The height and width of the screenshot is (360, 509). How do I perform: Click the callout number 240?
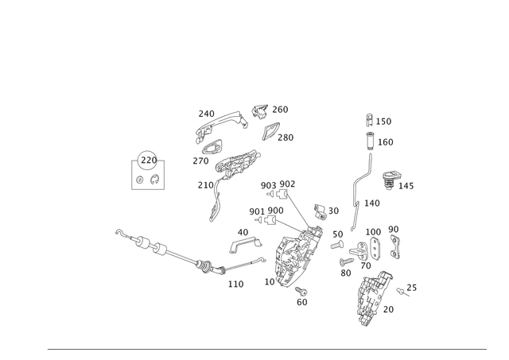click(x=207, y=114)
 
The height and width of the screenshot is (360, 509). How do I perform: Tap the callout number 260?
click(x=280, y=110)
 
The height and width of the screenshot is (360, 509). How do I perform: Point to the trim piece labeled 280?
click(x=270, y=131)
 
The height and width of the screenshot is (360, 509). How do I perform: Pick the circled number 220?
click(x=149, y=161)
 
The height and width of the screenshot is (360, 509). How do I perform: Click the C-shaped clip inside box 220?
click(x=155, y=180)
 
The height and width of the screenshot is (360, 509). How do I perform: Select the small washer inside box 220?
click(x=140, y=180)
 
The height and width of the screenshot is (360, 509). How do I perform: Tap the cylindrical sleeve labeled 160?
click(x=370, y=141)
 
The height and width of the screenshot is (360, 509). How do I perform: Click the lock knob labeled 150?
click(x=369, y=120)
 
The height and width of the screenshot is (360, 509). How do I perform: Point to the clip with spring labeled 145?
click(x=391, y=180)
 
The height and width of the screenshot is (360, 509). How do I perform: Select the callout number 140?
click(x=372, y=203)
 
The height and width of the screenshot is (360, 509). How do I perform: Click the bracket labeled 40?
click(x=246, y=244)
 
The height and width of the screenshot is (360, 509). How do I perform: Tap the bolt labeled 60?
click(x=301, y=291)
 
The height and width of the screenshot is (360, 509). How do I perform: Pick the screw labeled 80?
click(x=347, y=261)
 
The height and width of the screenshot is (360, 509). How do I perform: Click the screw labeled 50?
click(x=337, y=246)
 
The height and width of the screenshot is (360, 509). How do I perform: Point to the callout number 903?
click(x=269, y=185)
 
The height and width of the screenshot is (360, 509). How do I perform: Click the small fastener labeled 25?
click(x=402, y=292)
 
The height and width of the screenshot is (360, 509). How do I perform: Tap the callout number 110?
click(x=236, y=285)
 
